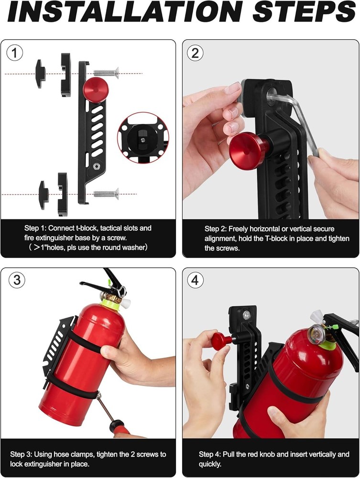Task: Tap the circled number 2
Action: pyautogui.click(x=195, y=54)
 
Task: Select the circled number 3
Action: pyautogui.click(x=16, y=280)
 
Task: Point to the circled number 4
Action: pyautogui.click(x=195, y=280)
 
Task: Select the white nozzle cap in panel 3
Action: pyautogui.click(x=127, y=302)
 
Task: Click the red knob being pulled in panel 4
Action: pyautogui.click(x=219, y=340)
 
